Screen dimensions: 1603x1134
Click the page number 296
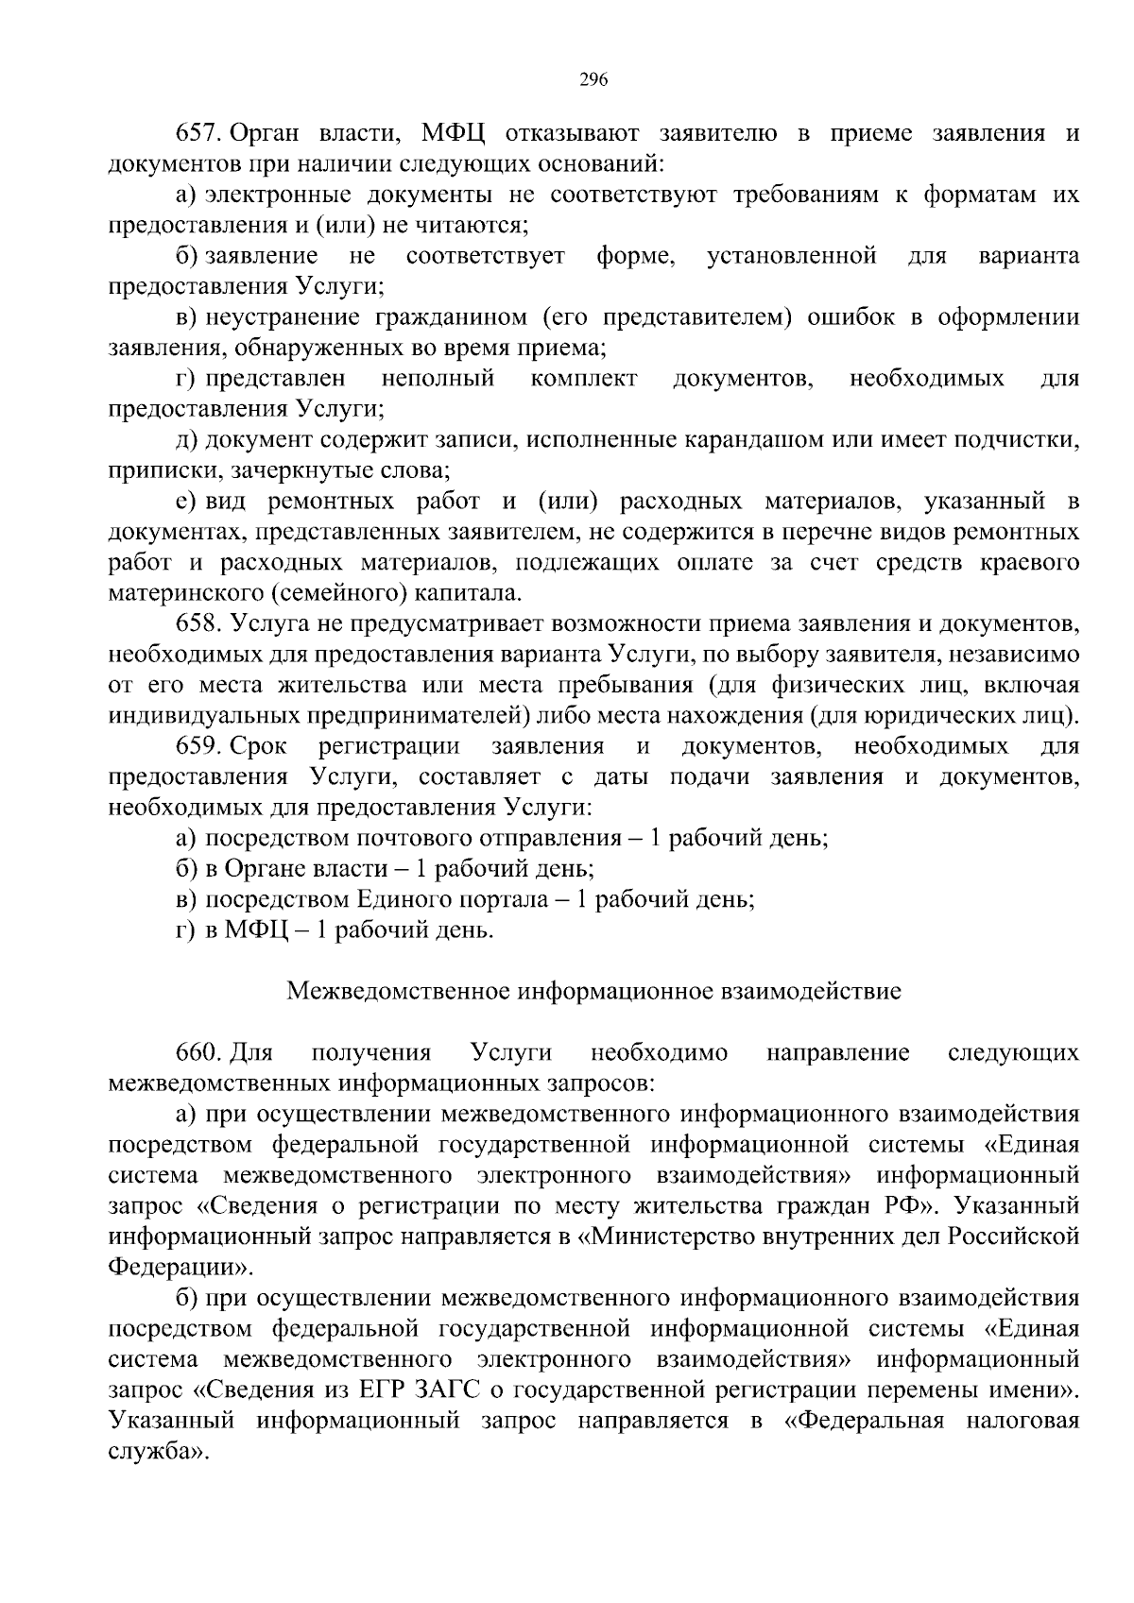coord(593,79)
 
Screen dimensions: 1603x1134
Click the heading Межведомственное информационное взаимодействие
coord(593,991)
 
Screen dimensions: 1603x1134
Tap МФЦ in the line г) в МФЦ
coord(256,930)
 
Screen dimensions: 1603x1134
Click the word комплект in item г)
coord(585,379)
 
